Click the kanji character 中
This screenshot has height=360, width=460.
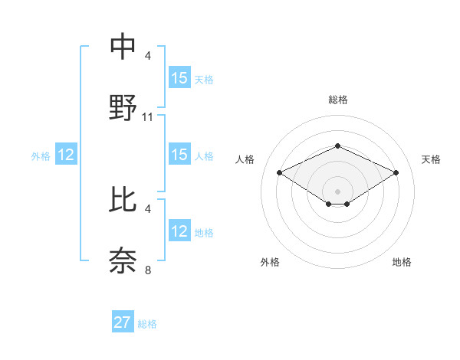click(x=123, y=47)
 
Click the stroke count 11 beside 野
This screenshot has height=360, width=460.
click(x=148, y=117)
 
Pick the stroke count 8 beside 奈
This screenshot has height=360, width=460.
click(x=148, y=270)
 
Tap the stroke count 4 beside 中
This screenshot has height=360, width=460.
click(x=148, y=56)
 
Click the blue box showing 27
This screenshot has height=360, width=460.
click(x=123, y=322)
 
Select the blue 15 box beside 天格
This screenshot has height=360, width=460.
click(x=179, y=78)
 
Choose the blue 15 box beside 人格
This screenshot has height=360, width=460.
click(x=179, y=155)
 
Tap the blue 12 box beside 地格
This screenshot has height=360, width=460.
click(x=179, y=231)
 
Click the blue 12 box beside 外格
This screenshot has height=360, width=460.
click(x=66, y=155)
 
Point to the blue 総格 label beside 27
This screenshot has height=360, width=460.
click(x=147, y=324)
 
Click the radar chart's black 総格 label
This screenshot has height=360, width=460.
click(x=337, y=100)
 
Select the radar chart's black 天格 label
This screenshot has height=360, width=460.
click(x=431, y=159)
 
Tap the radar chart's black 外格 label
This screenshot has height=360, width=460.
click(x=270, y=262)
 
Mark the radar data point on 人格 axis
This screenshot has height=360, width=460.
click(x=279, y=172)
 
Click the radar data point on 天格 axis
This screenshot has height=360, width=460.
click(x=396, y=172)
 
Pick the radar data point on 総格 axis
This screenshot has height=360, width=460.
click(x=337, y=146)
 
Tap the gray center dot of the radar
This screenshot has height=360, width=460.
click(x=337, y=191)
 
